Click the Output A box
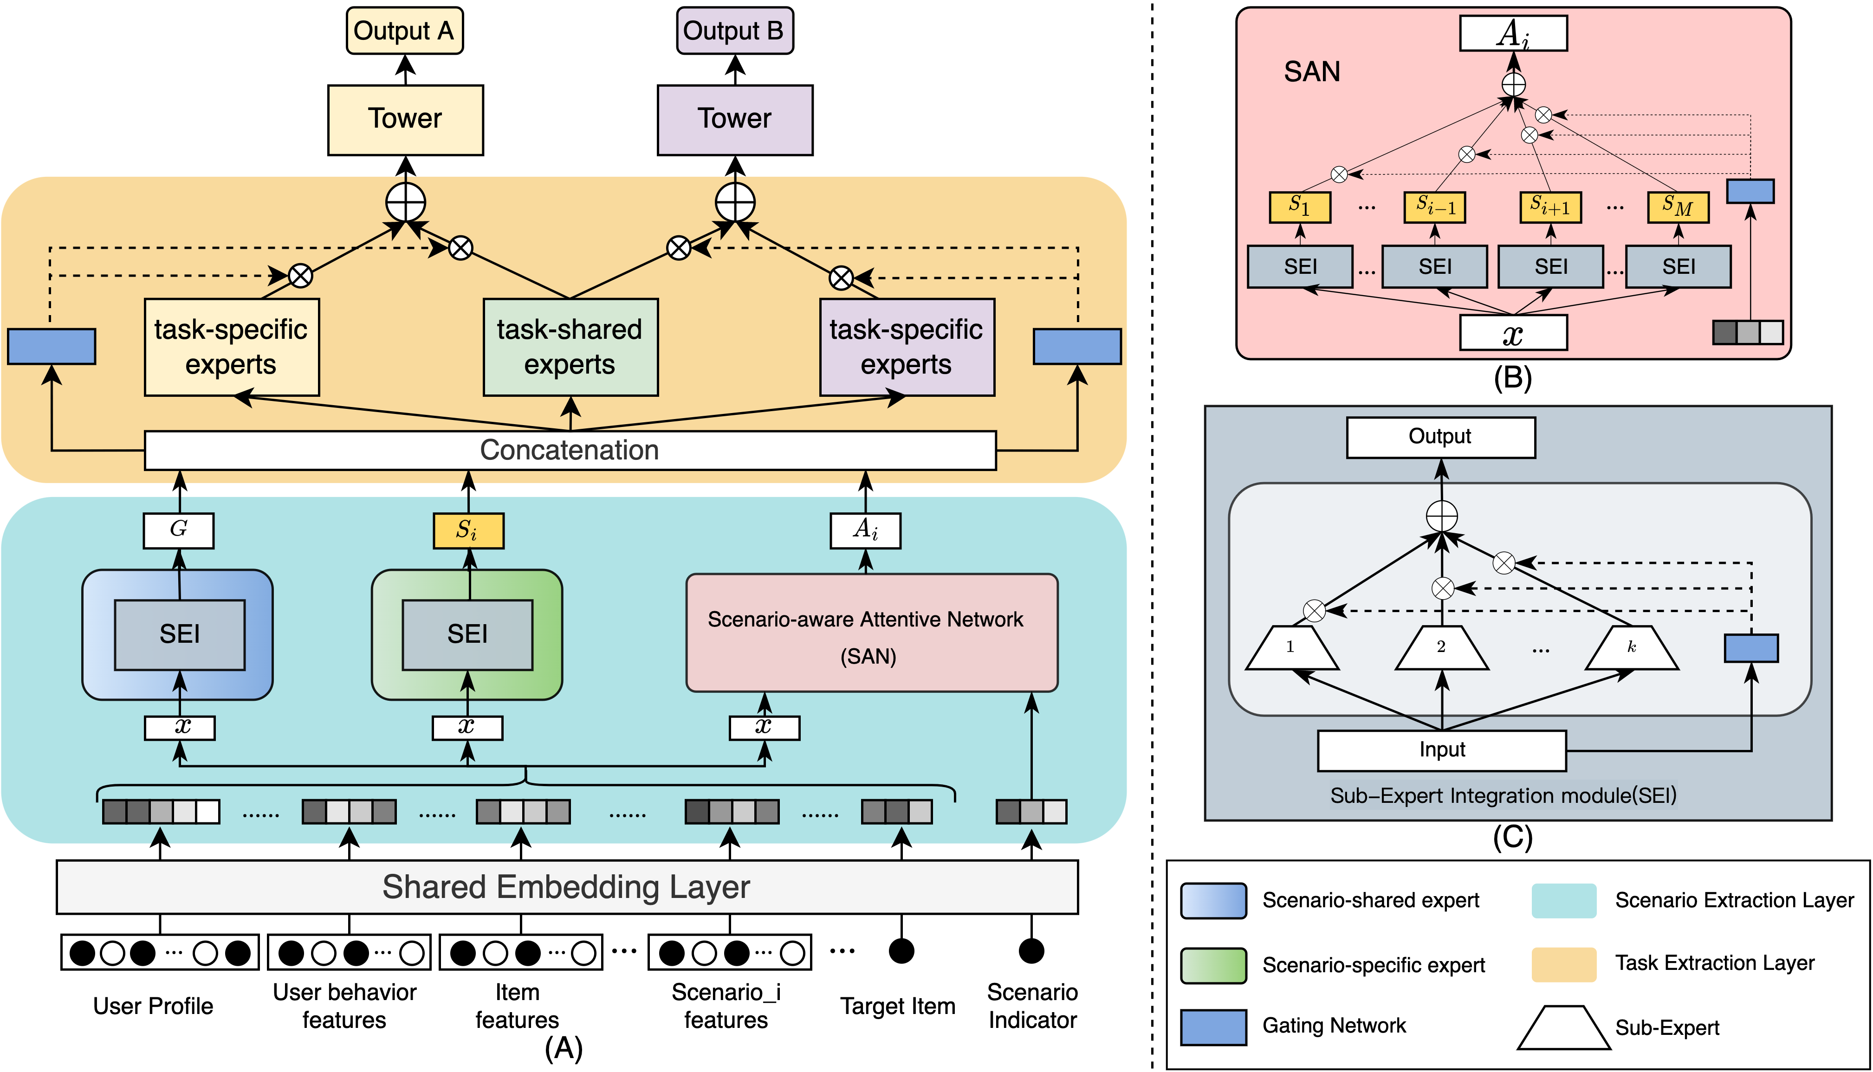tap(404, 31)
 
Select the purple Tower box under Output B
tap(734, 119)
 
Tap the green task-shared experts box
tap(570, 347)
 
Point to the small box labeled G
tap(178, 530)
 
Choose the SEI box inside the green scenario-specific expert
tap(467, 634)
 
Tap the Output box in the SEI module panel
tap(1440, 437)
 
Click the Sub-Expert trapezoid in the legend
tap(1562, 1028)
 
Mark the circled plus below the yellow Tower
tap(406, 202)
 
